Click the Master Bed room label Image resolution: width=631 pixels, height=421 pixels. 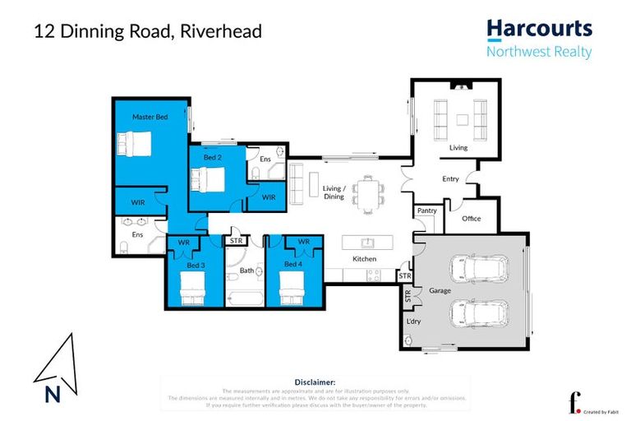(150, 118)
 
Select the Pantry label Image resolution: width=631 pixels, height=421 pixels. (427, 210)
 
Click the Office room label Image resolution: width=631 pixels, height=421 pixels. (471, 219)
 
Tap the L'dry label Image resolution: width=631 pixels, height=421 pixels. (414, 322)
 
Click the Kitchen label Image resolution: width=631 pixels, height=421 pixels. (364, 259)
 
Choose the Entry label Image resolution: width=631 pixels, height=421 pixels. (450, 178)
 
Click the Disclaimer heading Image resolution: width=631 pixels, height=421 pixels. (315, 382)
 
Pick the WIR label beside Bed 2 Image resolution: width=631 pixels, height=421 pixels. (269, 198)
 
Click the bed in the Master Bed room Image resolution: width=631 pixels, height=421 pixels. (135, 146)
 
